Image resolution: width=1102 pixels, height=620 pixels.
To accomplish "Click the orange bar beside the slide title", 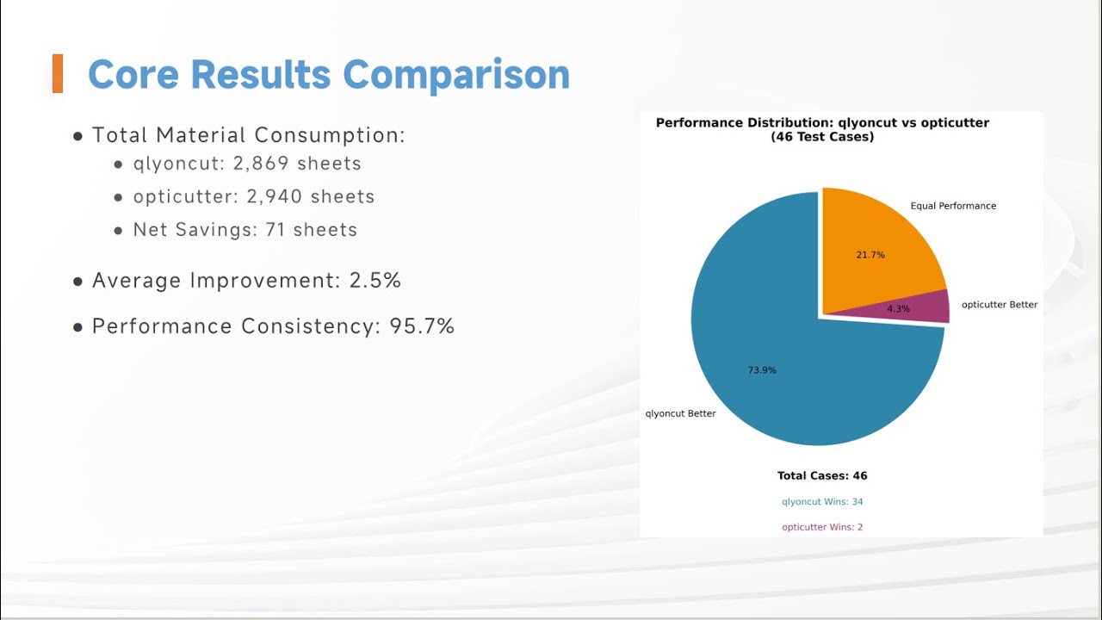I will [x=58, y=73].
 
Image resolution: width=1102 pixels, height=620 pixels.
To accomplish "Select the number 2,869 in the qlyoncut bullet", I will [x=262, y=164].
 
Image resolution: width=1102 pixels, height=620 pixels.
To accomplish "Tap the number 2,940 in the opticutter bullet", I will [x=275, y=196].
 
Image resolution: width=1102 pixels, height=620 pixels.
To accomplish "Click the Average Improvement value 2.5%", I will [x=375, y=281].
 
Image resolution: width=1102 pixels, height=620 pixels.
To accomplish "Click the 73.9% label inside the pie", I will [x=762, y=370].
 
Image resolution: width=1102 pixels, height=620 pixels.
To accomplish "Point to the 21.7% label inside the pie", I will [x=870, y=255].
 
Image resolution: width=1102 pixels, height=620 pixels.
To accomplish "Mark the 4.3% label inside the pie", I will [x=898, y=309].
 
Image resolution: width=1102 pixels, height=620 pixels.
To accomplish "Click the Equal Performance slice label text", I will [x=953, y=206].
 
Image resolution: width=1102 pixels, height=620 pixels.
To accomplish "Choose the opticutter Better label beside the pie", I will [x=999, y=305].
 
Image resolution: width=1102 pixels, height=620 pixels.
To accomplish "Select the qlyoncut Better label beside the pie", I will [x=680, y=413].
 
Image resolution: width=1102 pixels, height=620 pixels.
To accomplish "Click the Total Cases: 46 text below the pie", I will [x=822, y=476].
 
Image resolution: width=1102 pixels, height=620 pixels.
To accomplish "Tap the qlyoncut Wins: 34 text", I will [x=822, y=502].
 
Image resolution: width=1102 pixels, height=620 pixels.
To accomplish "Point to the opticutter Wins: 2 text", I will [x=822, y=527].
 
